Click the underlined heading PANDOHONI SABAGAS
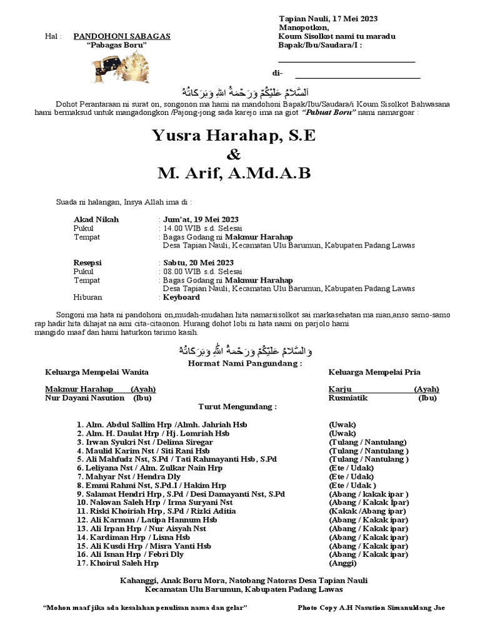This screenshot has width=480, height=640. coord(122,37)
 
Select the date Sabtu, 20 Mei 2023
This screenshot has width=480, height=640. coord(199,262)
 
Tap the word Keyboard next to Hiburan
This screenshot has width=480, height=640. coord(182,297)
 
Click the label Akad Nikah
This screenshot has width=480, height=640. coord(96,219)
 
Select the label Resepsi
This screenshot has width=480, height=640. coord(87,262)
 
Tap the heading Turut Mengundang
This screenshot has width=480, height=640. coord(237,407)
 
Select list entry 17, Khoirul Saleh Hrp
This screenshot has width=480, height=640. coord(118,563)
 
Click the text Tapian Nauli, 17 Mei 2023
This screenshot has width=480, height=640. coord(328,19)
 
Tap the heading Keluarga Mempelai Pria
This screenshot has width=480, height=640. coord(374,372)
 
